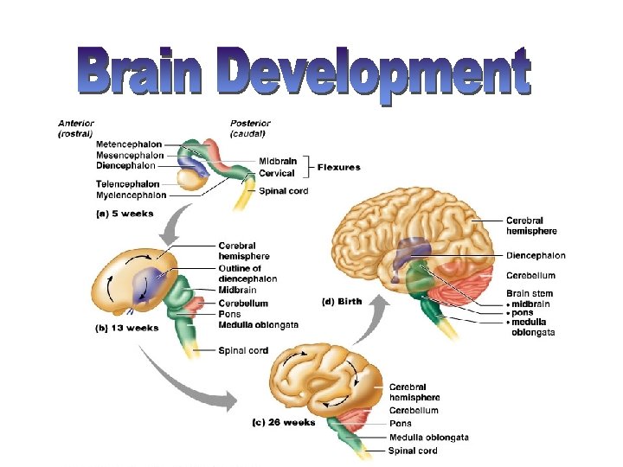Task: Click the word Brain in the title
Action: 140,71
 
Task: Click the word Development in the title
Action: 374,75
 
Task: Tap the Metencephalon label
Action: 129,144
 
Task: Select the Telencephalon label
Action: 127,184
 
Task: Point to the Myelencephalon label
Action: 132,195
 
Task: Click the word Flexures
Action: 339,168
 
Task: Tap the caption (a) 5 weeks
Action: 125,214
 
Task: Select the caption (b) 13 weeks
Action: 127,329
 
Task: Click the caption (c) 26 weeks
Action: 284,423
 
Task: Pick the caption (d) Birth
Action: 342,302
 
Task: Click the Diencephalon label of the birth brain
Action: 536,256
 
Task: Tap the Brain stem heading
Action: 530,294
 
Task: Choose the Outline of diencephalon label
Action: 247,273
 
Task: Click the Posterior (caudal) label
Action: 250,129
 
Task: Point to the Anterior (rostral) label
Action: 75,129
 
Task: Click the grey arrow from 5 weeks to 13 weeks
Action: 174,225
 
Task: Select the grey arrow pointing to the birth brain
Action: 371,319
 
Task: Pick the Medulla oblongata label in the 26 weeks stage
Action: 428,438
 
